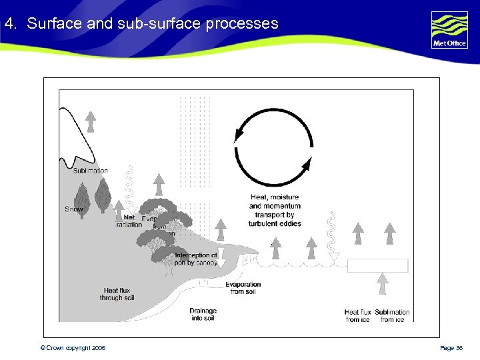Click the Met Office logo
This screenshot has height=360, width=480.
click(x=449, y=30)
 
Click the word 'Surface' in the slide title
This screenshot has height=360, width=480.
click(x=55, y=24)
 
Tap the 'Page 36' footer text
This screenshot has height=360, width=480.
click(x=451, y=348)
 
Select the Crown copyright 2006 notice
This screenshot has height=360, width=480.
click(x=73, y=348)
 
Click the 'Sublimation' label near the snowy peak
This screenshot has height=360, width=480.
click(x=91, y=171)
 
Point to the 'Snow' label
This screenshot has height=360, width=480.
click(x=74, y=209)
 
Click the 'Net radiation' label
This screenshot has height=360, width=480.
click(x=129, y=221)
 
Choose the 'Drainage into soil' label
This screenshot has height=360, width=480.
click(x=203, y=314)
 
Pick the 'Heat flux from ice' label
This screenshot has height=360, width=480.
click(x=357, y=315)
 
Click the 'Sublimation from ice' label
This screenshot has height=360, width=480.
click(x=392, y=315)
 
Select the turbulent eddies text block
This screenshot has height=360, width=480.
click(x=275, y=210)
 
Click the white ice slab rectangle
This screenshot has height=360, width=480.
click(x=377, y=265)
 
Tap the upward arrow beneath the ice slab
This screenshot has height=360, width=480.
click(x=383, y=283)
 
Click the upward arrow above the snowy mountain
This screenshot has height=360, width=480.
click(x=91, y=122)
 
